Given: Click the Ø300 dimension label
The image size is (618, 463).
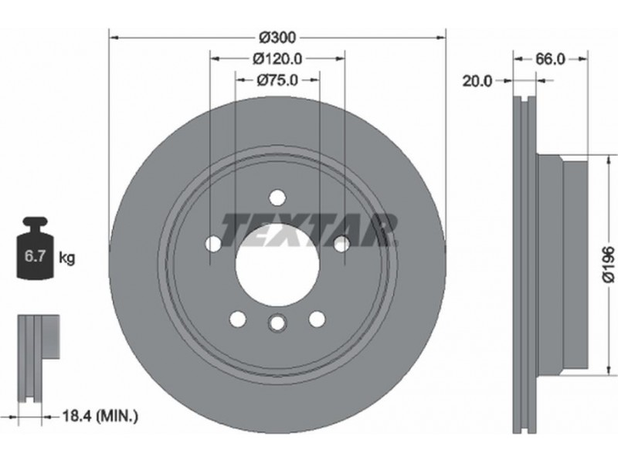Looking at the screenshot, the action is coord(277,38).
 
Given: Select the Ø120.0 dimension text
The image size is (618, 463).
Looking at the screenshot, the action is coord(277,59).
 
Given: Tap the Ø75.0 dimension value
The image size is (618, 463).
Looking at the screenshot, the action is coord(277,80).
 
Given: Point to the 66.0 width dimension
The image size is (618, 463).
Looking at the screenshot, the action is coord(550,59).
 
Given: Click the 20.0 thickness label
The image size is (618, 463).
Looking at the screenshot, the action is coord(477,81).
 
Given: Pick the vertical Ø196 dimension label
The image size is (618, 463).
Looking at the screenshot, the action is coord(609,264).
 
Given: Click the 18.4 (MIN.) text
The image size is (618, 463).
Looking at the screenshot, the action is coord(100,415).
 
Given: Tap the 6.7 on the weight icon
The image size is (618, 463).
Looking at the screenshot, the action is coord(36,256).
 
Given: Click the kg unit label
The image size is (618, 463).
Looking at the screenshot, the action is coord(66,258).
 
